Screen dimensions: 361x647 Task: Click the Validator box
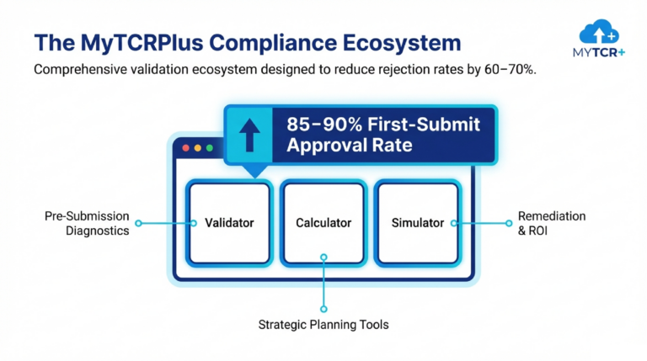coord(229,223)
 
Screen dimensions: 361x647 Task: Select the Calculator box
coord(323,223)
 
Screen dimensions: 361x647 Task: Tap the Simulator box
coord(418,223)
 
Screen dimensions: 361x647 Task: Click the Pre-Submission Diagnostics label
coord(87,224)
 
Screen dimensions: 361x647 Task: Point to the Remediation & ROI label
coord(552,223)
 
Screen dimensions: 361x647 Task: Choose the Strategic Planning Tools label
coord(323,324)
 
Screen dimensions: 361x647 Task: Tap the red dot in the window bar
coord(185,148)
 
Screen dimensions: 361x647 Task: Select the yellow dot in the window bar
coord(197,148)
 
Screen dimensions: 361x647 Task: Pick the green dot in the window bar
coord(209,148)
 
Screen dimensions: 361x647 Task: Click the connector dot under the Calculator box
coord(323,258)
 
